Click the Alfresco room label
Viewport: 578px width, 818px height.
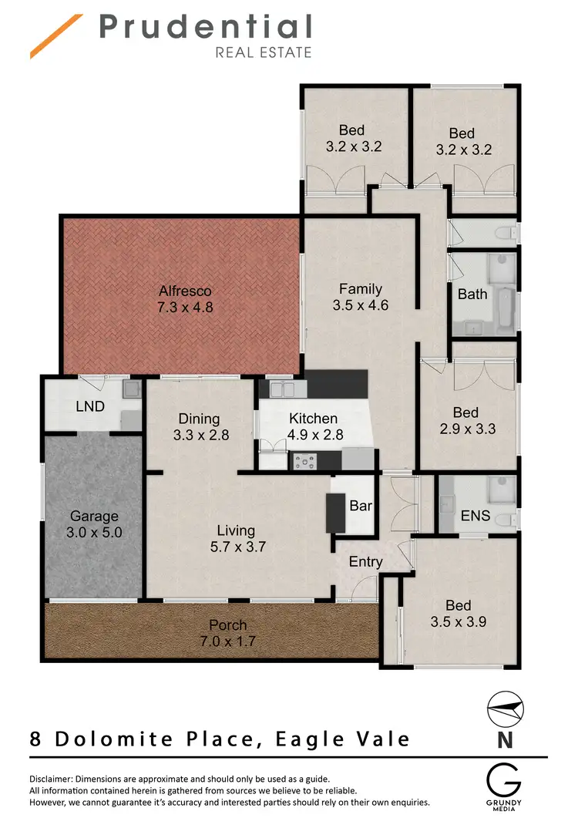pos(185,291)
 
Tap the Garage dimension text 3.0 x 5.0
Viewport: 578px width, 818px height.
pos(95,532)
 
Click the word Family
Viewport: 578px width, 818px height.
pos(361,289)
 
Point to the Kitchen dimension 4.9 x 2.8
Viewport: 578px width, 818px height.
pos(314,434)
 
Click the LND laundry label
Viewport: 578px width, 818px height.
pos(90,406)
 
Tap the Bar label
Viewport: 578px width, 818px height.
pos(360,507)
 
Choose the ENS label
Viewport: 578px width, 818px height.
pos(475,515)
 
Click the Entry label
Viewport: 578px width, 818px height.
pos(365,561)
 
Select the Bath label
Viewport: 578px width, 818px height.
pos(472,294)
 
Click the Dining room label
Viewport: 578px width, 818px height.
pos(200,419)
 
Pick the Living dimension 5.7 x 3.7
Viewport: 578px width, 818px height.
pos(236,547)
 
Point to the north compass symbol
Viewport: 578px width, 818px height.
pos(505,710)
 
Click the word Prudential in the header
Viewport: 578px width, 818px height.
pos(205,27)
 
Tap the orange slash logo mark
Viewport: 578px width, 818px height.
pos(55,36)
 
